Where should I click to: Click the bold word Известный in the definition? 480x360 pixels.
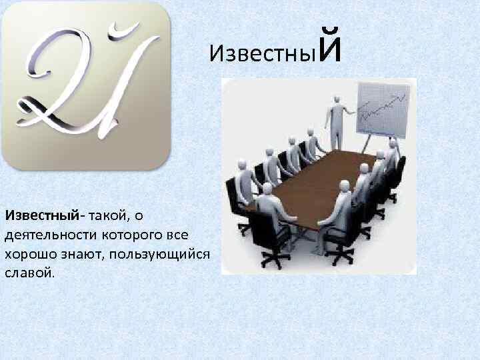41,215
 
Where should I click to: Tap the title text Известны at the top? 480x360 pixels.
261,53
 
